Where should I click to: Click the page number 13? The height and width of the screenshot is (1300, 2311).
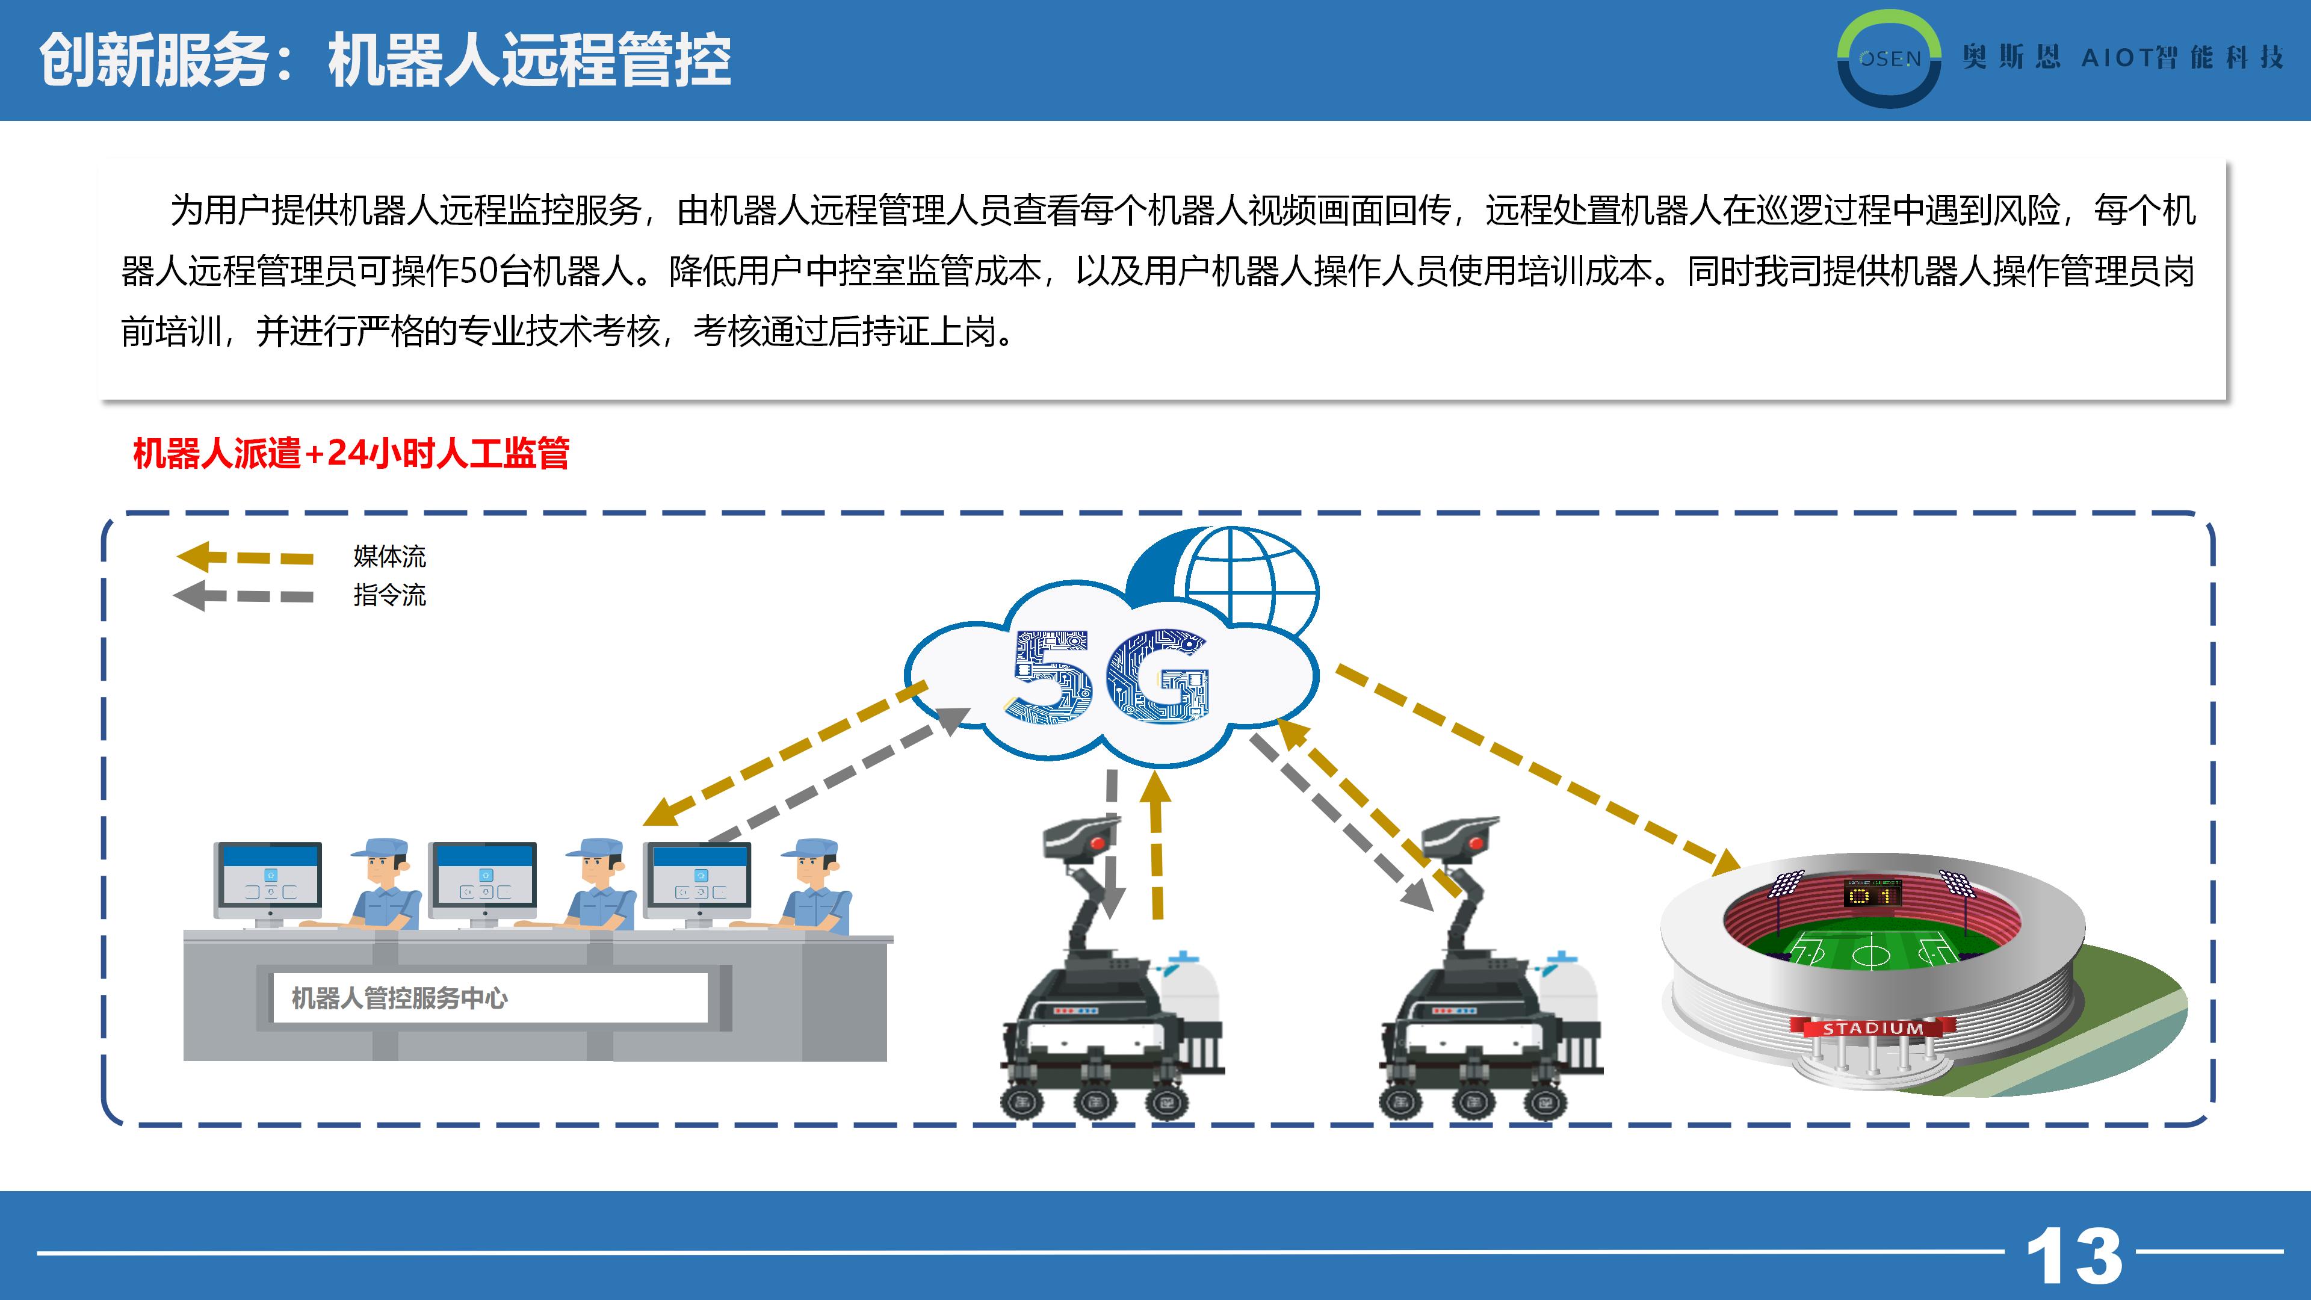[2073, 1254]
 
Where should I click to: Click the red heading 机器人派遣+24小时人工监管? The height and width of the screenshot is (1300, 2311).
[351, 453]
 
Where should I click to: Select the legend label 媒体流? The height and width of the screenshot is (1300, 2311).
[389, 556]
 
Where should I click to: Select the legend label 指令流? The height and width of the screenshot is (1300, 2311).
[389, 595]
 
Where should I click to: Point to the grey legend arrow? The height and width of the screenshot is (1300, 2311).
[243, 596]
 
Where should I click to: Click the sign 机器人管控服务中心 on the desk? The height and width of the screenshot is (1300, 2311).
[399, 998]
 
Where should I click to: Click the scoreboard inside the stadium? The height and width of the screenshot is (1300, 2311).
[1873, 893]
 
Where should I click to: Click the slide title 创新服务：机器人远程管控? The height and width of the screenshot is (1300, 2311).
[385, 61]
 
